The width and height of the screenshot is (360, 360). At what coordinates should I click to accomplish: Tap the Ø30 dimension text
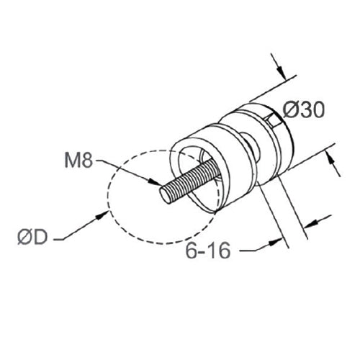click(302, 110)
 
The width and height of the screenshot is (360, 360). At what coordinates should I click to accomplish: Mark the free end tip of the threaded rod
click(163, 194)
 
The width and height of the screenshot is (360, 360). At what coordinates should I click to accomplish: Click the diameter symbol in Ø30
click(289, 110)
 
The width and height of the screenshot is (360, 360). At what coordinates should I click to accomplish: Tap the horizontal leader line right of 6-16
click(252, 250)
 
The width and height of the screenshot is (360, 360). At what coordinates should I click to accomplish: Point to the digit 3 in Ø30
click(302, 110)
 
